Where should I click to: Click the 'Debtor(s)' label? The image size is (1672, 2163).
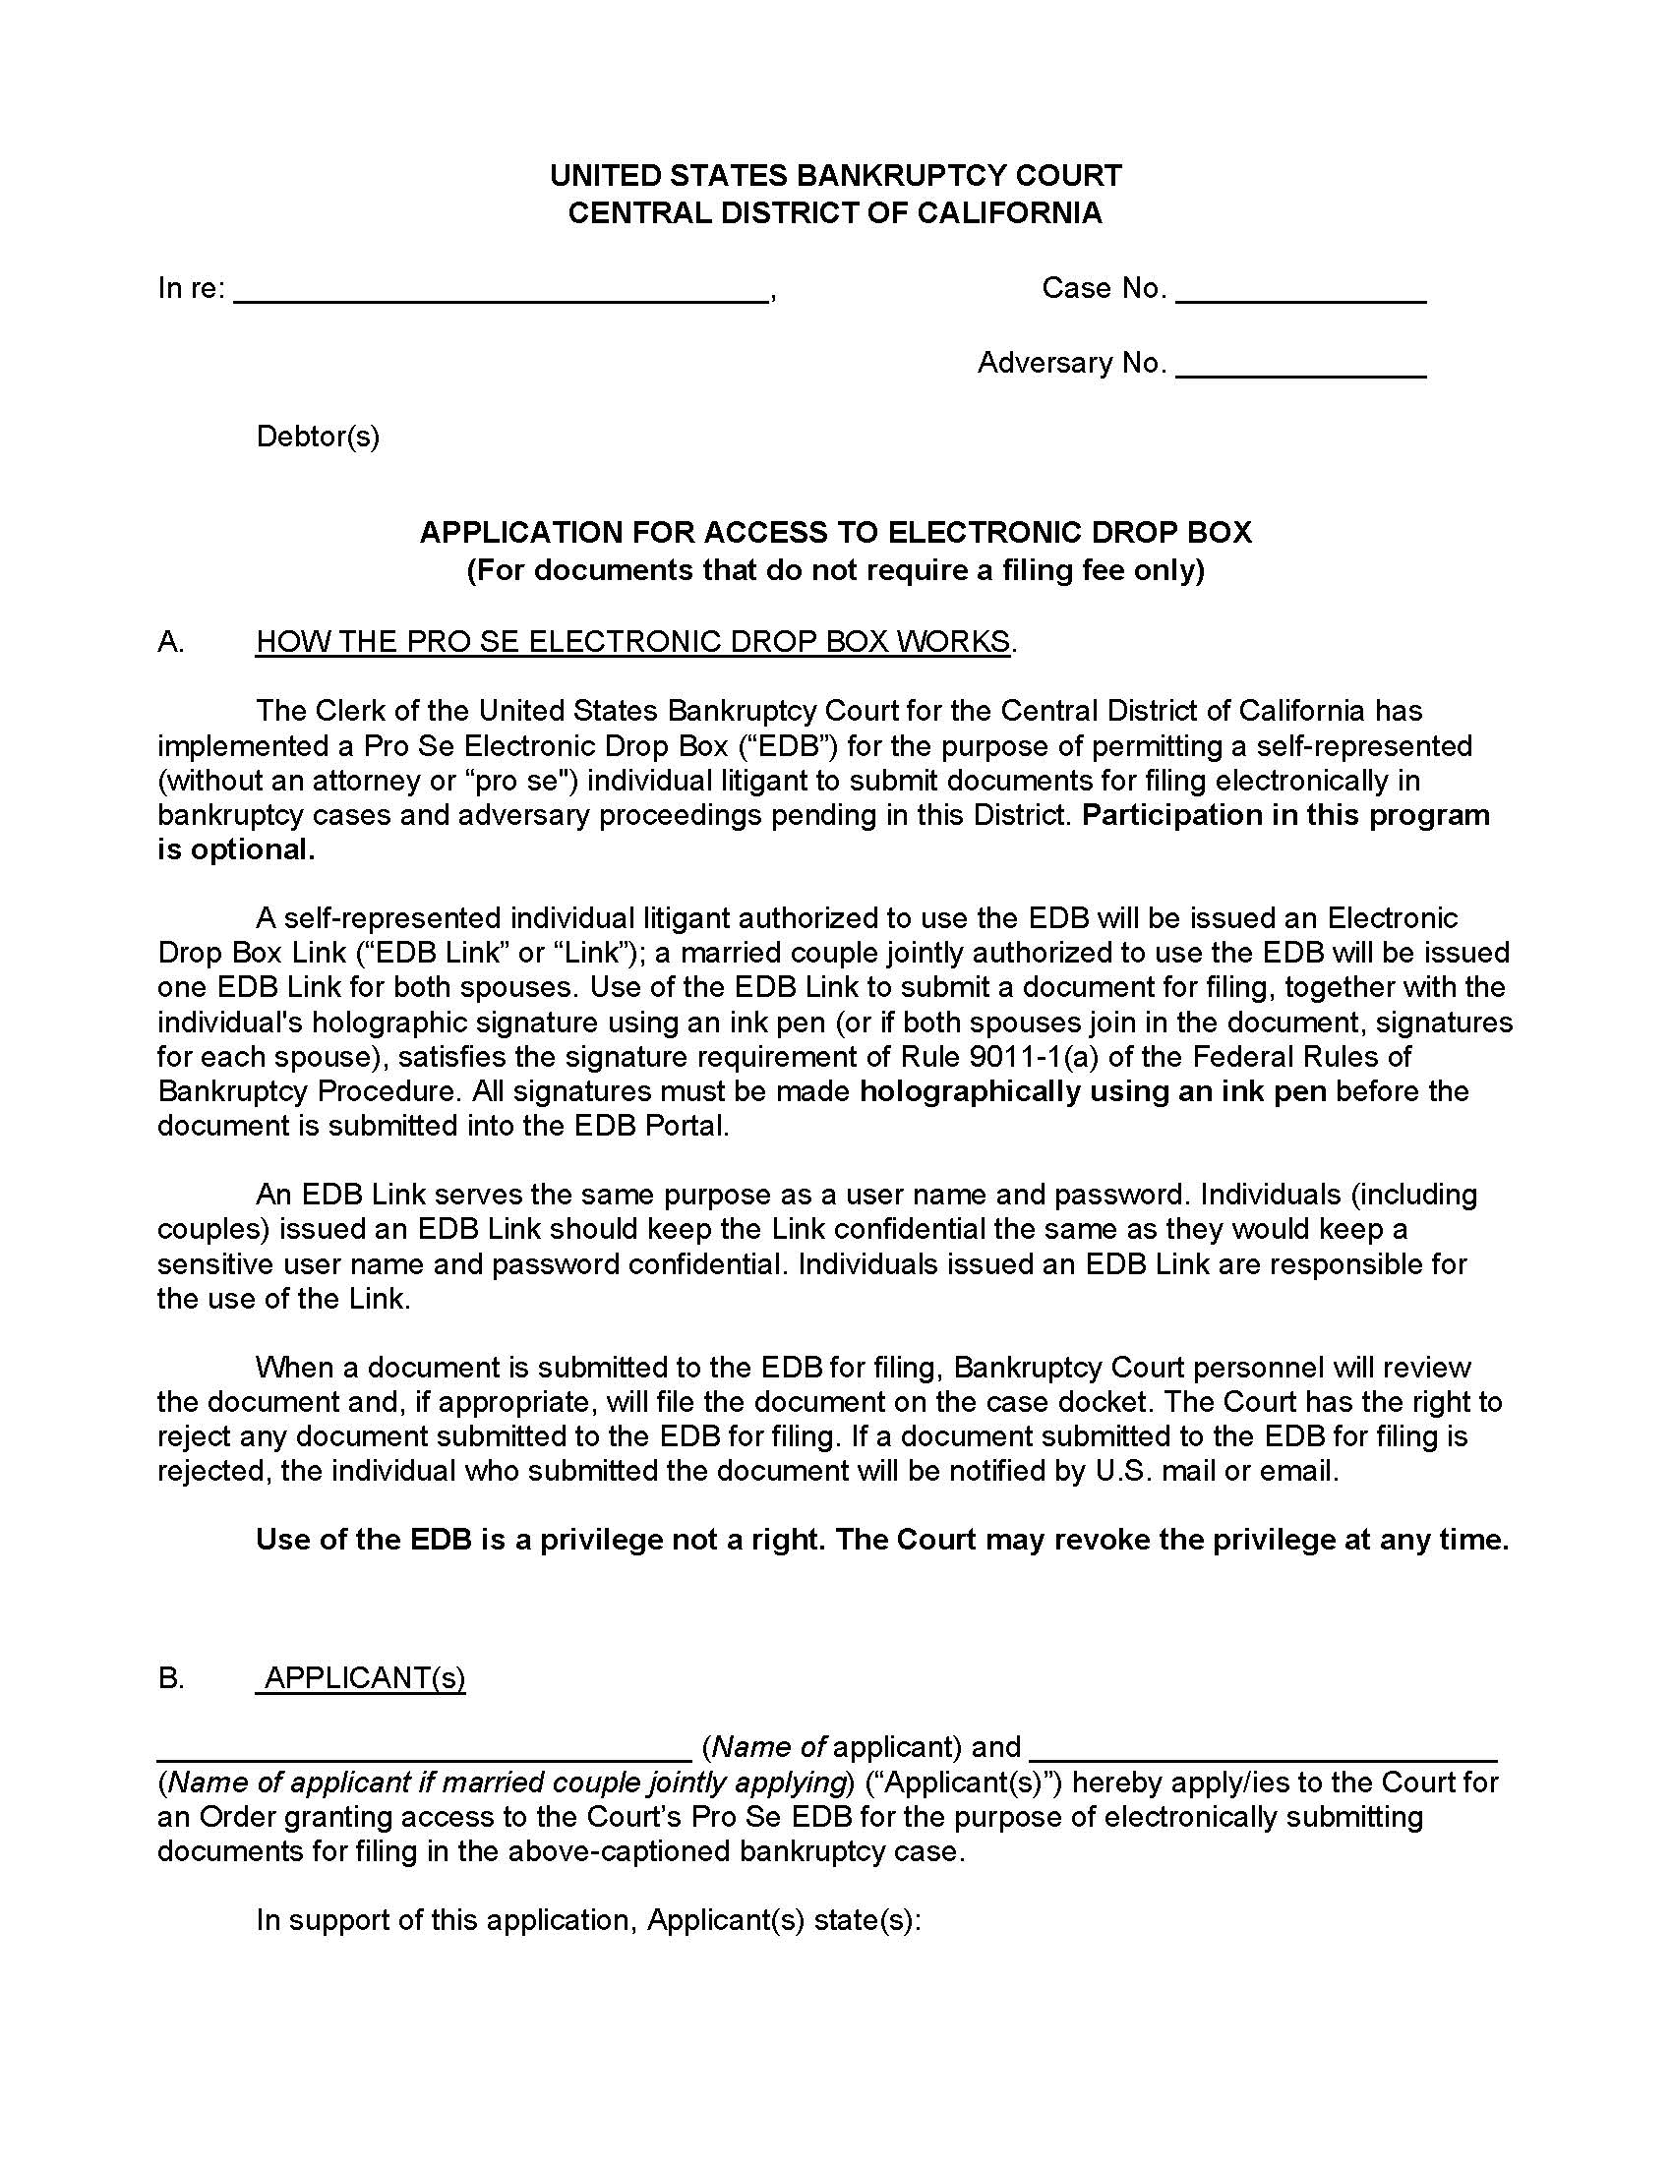click(x=318, y=437)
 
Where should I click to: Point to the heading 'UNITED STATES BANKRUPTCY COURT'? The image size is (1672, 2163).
click(x=835, y=176)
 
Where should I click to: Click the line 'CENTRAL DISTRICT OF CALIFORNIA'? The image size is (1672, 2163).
click(x=835, y=213)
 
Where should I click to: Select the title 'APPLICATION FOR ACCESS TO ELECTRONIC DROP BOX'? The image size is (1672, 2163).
click(x=835, y=533)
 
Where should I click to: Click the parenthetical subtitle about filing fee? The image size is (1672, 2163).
click(x=835, y=570)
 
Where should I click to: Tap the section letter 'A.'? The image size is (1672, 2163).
click(x=170, y=642)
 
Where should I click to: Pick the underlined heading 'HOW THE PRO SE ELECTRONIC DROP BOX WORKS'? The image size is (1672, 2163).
click(x=633, y=642)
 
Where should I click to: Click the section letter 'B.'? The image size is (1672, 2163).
click(x=170, y=1677)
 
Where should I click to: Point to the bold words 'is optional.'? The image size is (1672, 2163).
click(x=236, y=849)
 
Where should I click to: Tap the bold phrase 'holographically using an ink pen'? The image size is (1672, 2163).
click(x=1093, y=1091)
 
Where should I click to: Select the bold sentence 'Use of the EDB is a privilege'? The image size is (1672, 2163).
click(x=881, y=1540)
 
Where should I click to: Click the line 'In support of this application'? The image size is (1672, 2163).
click(x=588, y=1920)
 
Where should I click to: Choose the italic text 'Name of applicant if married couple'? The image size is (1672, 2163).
click(x=506, y=1783)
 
